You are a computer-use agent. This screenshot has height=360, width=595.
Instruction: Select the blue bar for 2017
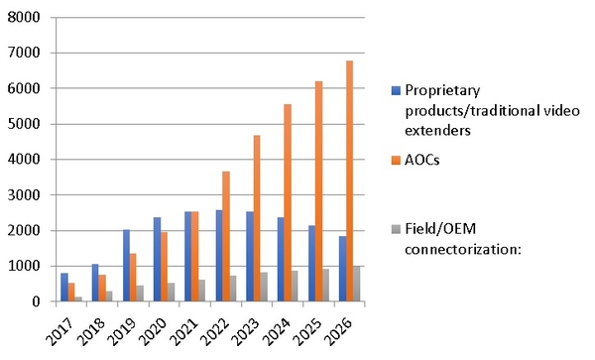point(64,288)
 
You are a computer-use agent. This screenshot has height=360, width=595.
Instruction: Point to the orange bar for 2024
point(287,202)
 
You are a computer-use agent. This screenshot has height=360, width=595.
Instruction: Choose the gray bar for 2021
point(200,290)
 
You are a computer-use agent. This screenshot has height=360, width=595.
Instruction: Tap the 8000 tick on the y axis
point(27,19)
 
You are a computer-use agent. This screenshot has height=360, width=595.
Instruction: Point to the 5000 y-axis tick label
point(27,125)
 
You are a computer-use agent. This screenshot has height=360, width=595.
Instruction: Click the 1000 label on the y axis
point(27,267)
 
